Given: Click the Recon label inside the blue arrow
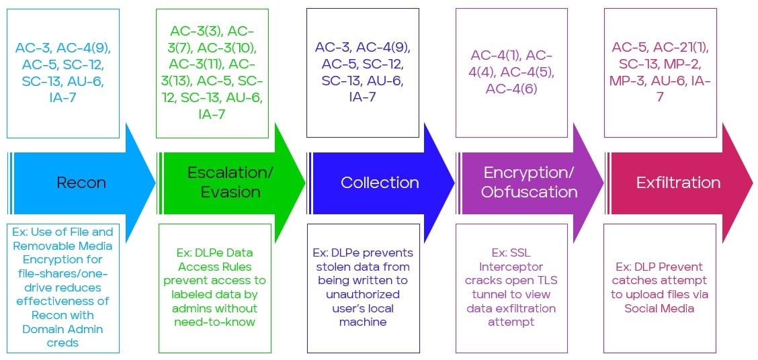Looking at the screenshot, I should click(81, 182).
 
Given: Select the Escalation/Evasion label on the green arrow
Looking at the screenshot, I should click(230, 182).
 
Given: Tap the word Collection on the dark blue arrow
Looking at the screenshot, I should click(380, 182).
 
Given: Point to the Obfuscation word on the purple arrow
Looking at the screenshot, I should click(529, 191).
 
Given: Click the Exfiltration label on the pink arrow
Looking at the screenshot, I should click(678, 182).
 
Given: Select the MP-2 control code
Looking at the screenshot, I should click(691, 64).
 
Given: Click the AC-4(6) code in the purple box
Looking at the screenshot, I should click(511, 88).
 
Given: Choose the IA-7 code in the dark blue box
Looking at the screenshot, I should click(362, 97).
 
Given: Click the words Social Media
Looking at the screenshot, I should click(659, 308).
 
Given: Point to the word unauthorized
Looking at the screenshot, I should click(362, 294).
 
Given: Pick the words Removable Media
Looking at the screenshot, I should click(62, 245).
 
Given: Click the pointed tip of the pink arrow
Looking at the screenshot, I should click(753, 183).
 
